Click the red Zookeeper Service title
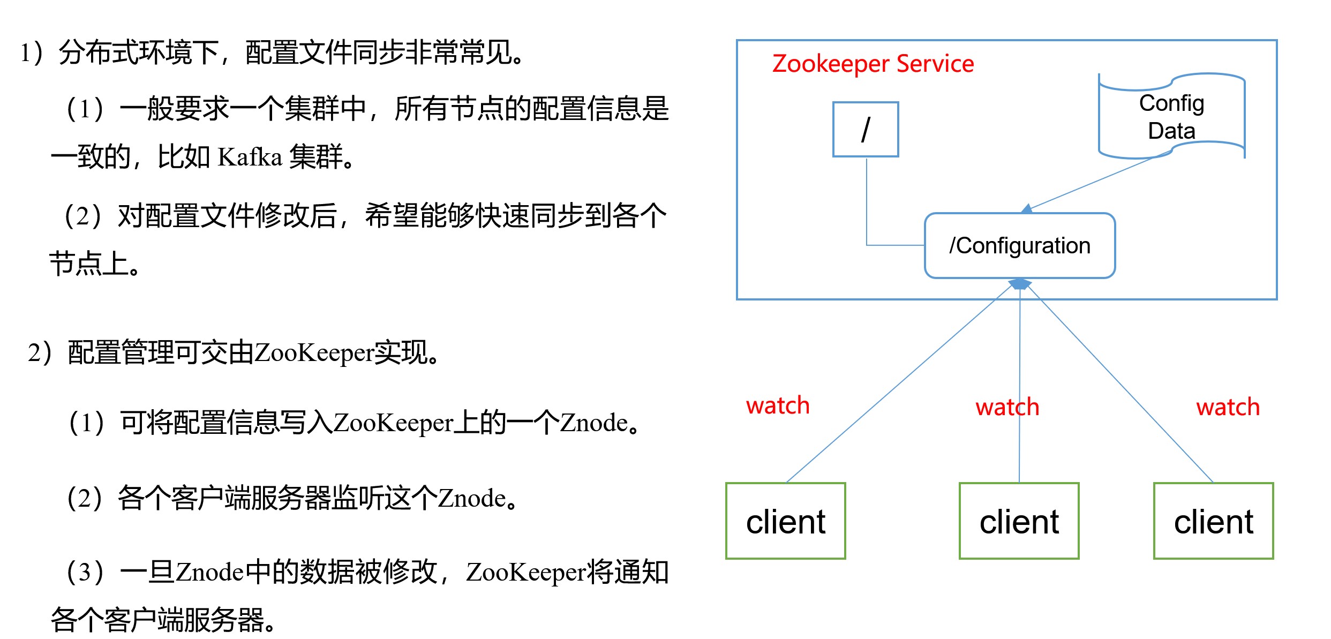[x=873, y=64]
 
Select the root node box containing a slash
[x=866, y=129]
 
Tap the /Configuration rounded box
[x=1019, y=246]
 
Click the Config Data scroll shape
[x=1171, y=117]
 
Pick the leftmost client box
[x=785, y=521]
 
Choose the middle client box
[x=1019, y=521]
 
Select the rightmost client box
[x=1213, y=521]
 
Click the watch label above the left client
[x=777, y=405]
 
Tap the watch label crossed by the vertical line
[x=1007, y=407]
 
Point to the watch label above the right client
[x=1228, y=407]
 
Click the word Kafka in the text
[x=250, y=157]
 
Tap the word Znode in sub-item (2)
[x=471, y=499]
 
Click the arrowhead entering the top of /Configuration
[x=1026, y=209]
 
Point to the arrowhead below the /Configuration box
[x=1020, y=284]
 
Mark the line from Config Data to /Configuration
[x=1093, y=183]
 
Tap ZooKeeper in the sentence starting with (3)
[x=526, y=572]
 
